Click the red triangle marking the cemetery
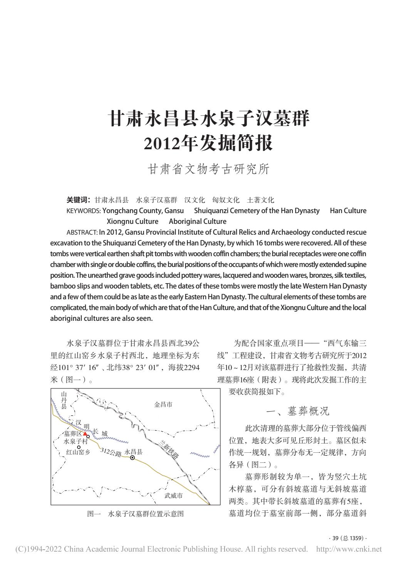(85, 434)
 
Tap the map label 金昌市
(163, 405)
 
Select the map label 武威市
(173, 495)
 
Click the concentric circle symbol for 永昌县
(133, 458)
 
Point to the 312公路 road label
(111, 452)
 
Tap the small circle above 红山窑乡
(79, 447)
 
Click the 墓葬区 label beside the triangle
(73, 434)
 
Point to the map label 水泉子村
(75, 441)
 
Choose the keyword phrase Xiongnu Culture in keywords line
(132, 222)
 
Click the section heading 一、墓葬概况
(298, 411)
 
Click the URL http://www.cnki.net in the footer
(349, 549)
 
